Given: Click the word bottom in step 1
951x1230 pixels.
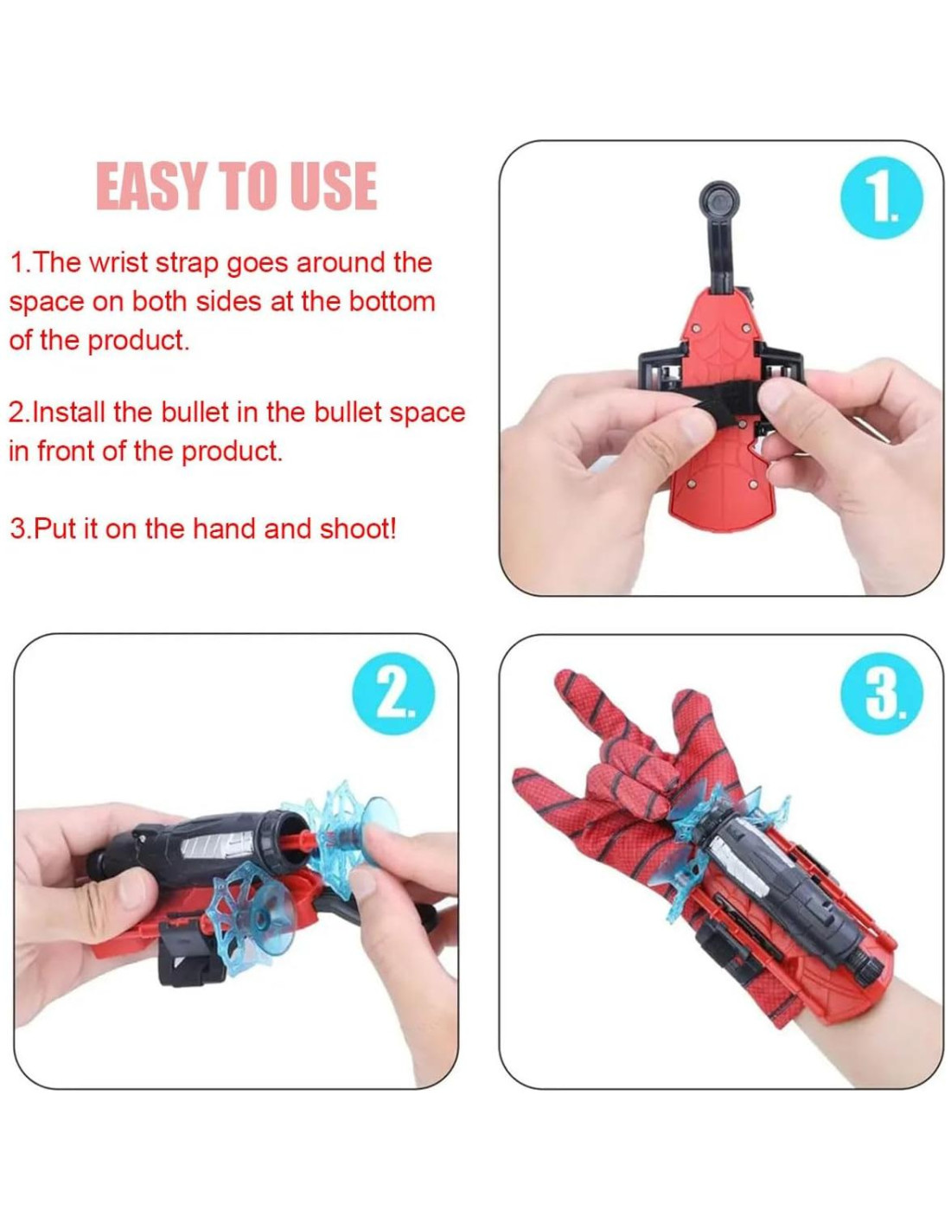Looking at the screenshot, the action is coord(391,301).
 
